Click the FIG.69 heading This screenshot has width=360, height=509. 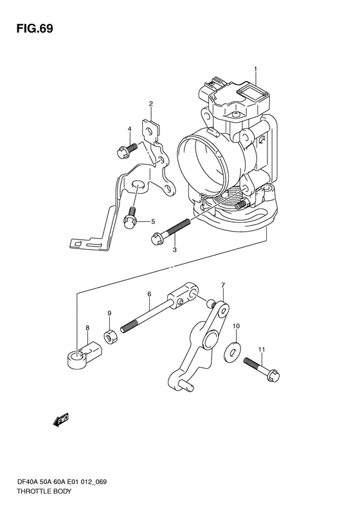pos(35,28)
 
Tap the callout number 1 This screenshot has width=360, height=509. pos(256,69)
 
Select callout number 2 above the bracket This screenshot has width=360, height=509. pos(151,104)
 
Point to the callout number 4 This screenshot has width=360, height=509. pos(129,129)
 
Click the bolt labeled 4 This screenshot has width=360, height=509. pos(127,151)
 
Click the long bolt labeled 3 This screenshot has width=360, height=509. pos(170,232)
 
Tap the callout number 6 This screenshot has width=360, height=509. pos(149,294)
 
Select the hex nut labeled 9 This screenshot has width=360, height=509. pos(111,337)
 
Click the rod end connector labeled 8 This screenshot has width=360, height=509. pos(84,355)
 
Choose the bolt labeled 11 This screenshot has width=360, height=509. pos(262,369)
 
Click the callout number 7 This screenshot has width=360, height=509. pos(223,285)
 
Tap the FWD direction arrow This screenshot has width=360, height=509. pos(61,420)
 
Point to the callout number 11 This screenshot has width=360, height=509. pos(262,349)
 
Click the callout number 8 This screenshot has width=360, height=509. pos(87,328)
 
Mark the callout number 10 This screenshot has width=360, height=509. pos(236,325)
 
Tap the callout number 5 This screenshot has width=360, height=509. pos(152,222)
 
